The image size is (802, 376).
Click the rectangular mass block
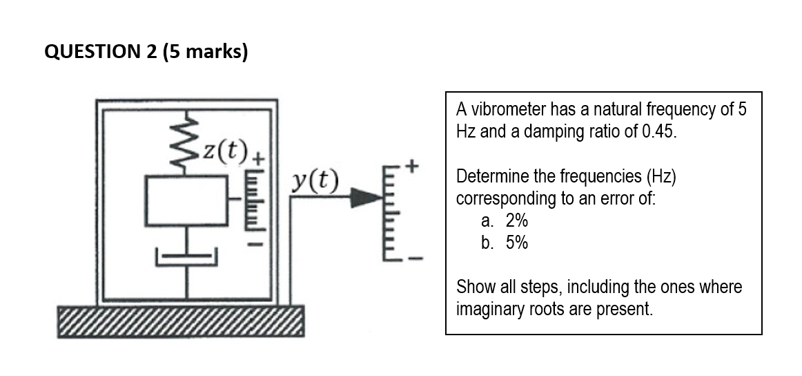[186, 200]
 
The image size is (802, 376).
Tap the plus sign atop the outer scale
[413, 166]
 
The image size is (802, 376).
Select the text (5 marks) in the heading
[205, 53]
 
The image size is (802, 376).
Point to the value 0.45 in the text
[658, 131]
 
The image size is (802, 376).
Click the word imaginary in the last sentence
[487, 308]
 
